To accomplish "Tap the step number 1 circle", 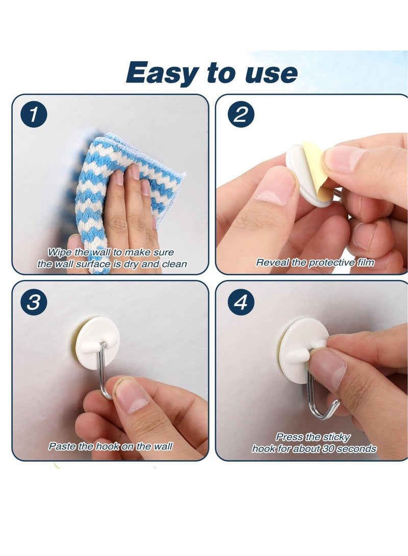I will click(x=34, y=115).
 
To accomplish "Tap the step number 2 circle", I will click(x=240, y=115).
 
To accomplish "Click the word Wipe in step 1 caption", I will click(x=60, y=252).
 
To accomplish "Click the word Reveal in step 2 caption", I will click(x=272, y=263).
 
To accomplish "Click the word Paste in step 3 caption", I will click(x=61, y=446).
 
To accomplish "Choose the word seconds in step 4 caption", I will click(x=358, y=449).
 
